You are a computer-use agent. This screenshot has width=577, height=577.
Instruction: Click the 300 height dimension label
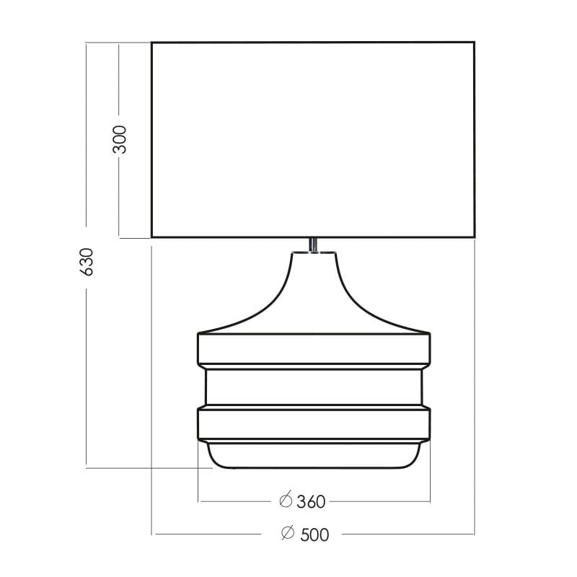pos(120,139)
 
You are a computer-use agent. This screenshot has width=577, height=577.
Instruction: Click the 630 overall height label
pos(87,262)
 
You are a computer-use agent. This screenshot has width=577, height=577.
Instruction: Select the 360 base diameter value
pos(311,501)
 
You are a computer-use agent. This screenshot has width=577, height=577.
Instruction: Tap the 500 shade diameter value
pos(314,534)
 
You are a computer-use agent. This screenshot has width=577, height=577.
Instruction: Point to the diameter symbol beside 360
pos(286,500)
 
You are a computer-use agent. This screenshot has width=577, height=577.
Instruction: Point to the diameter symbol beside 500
pos(288,532)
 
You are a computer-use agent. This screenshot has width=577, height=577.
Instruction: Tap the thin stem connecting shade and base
pos(313,245)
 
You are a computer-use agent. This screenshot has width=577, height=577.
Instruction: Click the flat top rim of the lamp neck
pos(314,252)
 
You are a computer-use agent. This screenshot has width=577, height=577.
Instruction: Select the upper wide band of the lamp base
pos(314,349)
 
